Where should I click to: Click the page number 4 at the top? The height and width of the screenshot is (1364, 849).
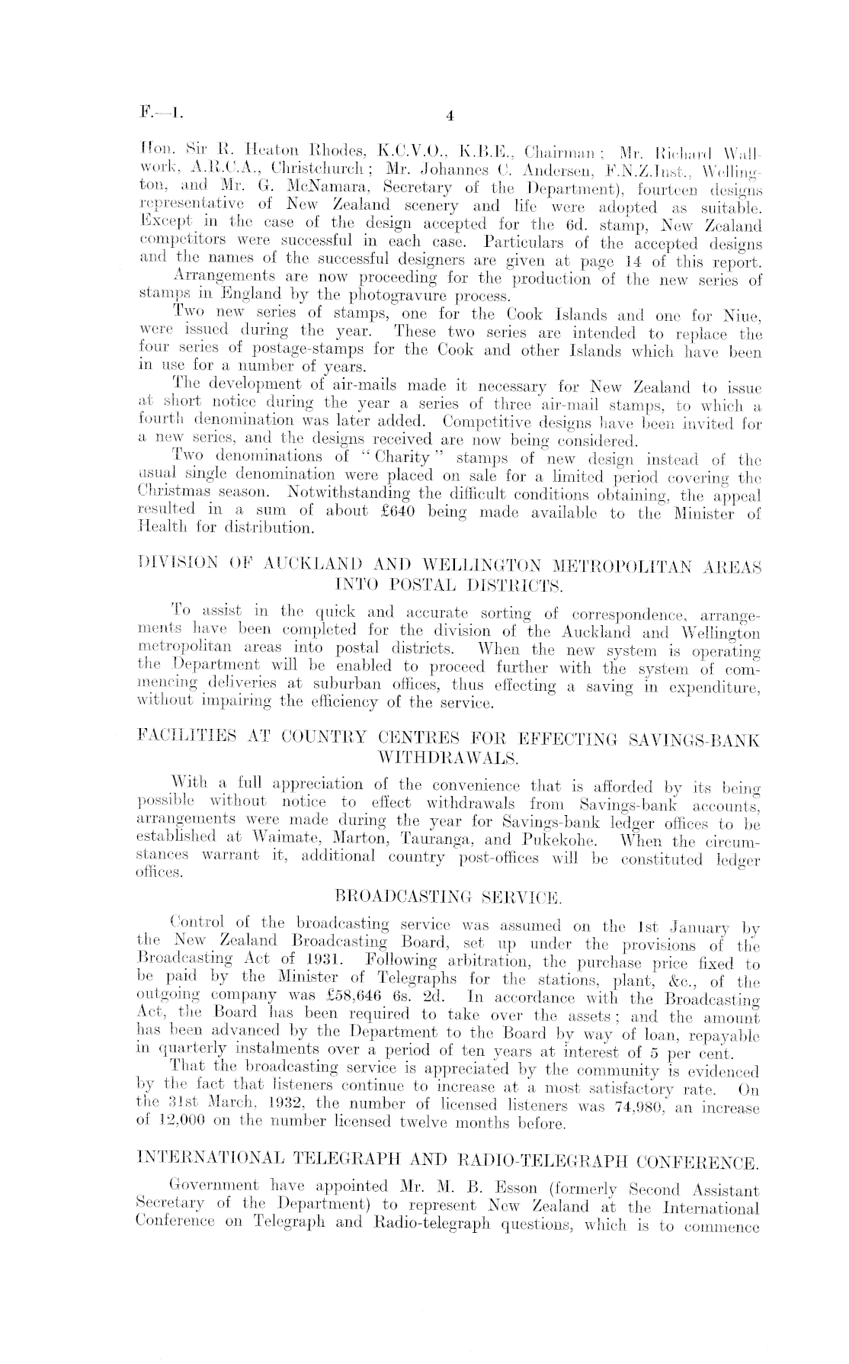[x=450, y=116]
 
